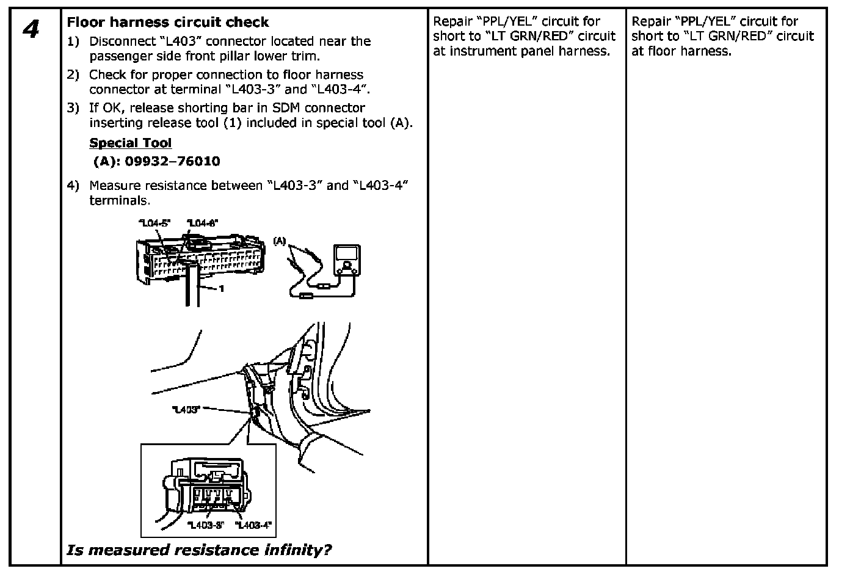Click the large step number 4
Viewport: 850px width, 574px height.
[31, 29]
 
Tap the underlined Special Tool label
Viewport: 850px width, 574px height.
[131, 143]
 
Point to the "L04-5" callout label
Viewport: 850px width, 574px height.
[153, 223]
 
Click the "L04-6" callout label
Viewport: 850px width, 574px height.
[203, 223]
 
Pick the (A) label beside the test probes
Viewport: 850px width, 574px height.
[280, 241]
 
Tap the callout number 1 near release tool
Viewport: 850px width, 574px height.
[222, 289]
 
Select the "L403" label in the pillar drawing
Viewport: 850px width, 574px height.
[186, 410]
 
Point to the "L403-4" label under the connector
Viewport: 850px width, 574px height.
[253, 525]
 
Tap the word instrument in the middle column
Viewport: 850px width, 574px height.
[481, 51]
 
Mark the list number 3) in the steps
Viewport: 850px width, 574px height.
[73, 108]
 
